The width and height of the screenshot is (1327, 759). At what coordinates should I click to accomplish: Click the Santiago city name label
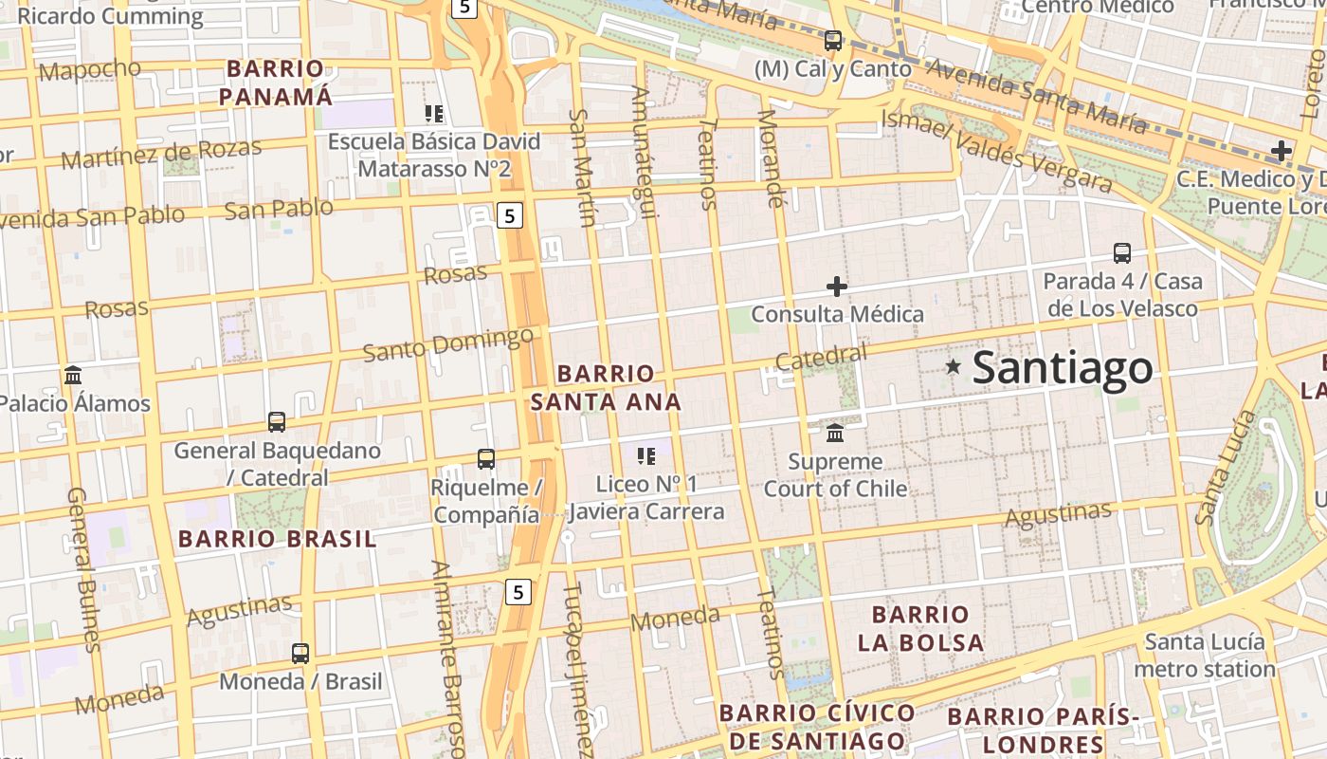pos(1063,368)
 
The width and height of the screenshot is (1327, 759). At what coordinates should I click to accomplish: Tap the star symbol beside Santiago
pos(954,366)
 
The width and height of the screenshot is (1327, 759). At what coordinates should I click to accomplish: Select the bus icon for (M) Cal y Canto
pos(833,41)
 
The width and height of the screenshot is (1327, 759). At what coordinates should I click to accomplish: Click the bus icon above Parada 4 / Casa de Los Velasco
pos(1122,253)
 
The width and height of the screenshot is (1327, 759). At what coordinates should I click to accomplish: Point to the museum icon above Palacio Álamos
pos(73,375)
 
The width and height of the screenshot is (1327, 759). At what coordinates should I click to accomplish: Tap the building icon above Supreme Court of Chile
pos(835,433)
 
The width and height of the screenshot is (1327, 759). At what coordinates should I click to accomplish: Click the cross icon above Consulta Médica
pos(837,286)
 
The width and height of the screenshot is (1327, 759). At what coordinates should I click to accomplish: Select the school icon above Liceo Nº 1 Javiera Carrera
pos(646,456)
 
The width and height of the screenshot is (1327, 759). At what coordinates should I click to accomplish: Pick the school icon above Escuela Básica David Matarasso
pos(434,115)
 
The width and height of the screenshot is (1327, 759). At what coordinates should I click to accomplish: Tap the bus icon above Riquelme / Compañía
pos(486,459)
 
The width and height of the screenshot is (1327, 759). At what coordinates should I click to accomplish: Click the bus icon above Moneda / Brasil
pos(300,654)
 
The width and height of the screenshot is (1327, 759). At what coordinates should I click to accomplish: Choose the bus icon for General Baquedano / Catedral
pos(277,422)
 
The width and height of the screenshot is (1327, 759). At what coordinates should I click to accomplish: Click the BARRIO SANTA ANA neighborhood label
pos(606,388)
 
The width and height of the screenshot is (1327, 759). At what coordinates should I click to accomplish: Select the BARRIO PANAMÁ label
pos(276,83)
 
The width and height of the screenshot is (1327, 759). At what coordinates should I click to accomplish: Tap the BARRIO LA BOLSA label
pos(920,628)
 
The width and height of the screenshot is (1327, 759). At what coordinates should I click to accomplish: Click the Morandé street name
pos(773,158)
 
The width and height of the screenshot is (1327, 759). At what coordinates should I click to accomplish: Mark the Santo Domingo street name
pos(448,344)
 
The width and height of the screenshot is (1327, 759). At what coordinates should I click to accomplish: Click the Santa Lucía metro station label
pos(1205,656)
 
